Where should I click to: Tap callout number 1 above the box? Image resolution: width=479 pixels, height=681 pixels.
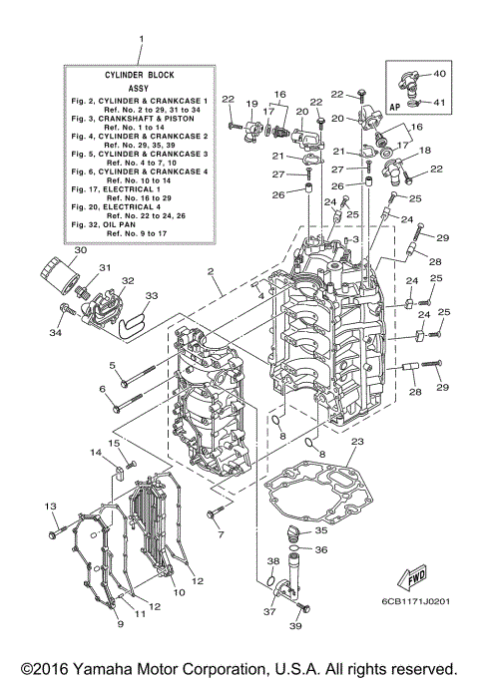click(x=141, y=42)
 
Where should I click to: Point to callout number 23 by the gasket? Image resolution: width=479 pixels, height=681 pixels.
click(x=358, y=441)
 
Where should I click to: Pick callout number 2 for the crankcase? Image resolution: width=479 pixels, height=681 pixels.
click(x=211, y=271)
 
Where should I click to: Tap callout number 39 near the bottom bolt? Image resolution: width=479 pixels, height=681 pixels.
click(x=295, y=627)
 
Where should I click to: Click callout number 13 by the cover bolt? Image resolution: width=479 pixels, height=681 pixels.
click(x=49, y=509)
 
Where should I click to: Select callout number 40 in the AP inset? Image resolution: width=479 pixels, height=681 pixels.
click(x=440, y=74)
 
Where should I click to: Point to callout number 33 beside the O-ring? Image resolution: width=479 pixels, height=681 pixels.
click(x=151, y=296)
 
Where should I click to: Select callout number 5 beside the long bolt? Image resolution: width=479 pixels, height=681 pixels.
click(x=113, y=364)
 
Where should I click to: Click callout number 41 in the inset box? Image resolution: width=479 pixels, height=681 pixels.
click(x=440, y=102)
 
